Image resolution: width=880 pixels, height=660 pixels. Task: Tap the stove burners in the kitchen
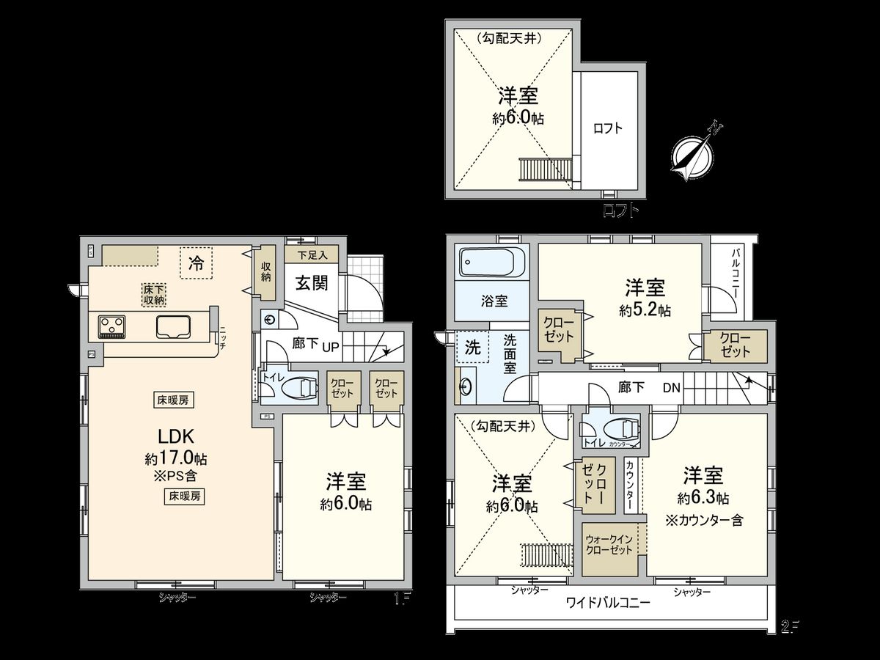(112, 326)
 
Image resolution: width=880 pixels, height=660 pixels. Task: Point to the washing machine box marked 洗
(473, 348)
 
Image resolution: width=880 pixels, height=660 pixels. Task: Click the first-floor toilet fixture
(298, 386)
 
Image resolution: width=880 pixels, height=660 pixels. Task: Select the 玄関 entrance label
(311, 283)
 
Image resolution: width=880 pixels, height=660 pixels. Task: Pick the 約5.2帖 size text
(645, 310)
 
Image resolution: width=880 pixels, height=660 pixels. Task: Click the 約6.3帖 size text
(703, 498)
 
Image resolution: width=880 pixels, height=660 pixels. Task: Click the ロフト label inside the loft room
(608, 128)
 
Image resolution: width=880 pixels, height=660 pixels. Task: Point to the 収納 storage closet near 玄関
(266, 273)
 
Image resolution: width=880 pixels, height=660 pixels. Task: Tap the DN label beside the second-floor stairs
(671, 387)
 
